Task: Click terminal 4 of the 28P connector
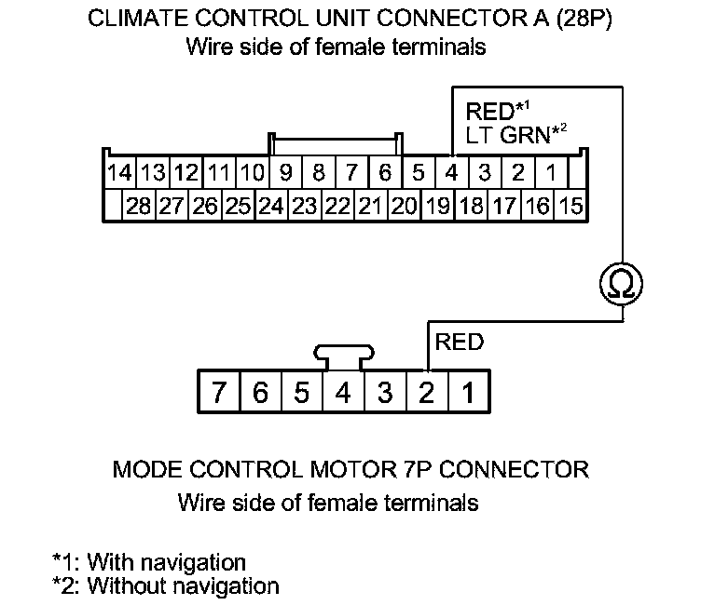451,173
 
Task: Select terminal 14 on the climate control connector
119,173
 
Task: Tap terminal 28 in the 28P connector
138,207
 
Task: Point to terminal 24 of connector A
270,207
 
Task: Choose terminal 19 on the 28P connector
436,207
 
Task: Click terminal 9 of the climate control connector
285,173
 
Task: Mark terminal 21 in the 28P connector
370,207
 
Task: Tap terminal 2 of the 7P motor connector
426,393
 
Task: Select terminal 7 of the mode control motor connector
218,393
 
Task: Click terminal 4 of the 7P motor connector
342,393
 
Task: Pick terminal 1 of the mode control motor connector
469,393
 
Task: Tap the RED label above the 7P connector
460,343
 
